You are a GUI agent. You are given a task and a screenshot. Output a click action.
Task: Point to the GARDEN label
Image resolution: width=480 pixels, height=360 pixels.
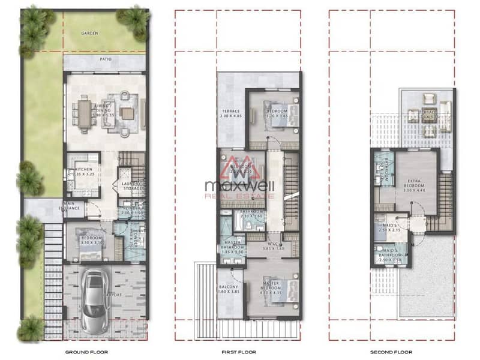click(x=90, y=34)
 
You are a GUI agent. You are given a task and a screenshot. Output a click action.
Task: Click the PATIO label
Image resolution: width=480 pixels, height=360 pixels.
click(x=106, y=60)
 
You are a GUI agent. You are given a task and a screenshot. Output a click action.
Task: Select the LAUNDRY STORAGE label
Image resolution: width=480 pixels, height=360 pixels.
click(x=131, y=186)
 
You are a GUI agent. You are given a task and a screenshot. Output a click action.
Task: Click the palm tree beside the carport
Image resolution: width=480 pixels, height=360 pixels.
click(x=30, y=240)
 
